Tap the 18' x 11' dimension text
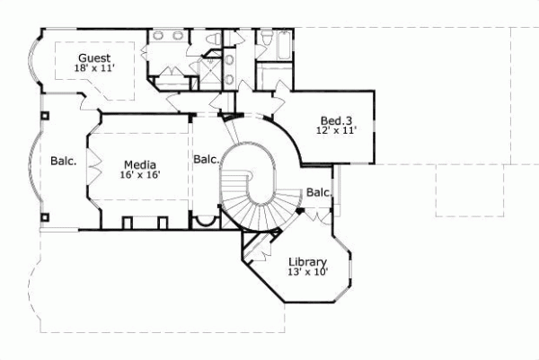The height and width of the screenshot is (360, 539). click(x=94, y=67)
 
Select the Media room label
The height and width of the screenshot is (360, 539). click(x=140, y=164)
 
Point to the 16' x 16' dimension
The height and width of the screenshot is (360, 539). click(x=140, y=176)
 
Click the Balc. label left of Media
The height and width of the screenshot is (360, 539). click(x=63, y=162)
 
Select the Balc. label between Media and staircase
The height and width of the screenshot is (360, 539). click(x=206, y=160)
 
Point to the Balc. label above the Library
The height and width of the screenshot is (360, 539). click(x=319, y=192)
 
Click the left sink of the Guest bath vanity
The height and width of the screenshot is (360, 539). click(x=158, y=37)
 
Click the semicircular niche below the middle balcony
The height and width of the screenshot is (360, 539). click(x=207, y=223)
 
